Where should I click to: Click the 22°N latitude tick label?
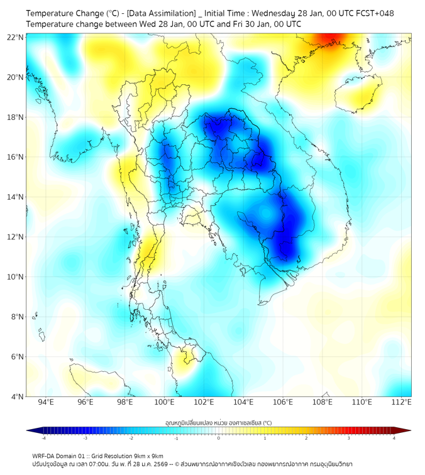(x=16, y=37)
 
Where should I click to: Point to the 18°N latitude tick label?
(x=16, y=117)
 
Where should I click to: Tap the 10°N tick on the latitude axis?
(x=16, y=276)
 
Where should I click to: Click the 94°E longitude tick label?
(x=46, y=403)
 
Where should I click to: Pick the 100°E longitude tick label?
(x=164, y=403)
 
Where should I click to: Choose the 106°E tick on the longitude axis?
(x=283, y=403)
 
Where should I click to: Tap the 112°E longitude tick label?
(x=401, y=403)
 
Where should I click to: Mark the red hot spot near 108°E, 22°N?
(x=328, y=41)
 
